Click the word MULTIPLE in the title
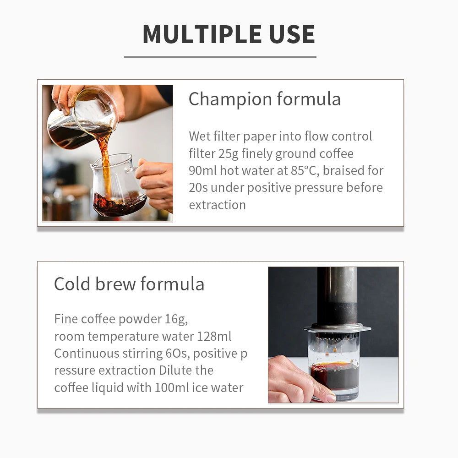[x=202, y=34]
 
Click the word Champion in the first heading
[x=230, y=99]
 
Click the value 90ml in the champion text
[x=202, y=170]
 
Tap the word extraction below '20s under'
[x=217, y=205]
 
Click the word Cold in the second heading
[x=72, y=284]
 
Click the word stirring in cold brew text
[x=142, y=354]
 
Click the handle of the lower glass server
[x=133, y=169]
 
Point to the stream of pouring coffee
[x=104, y=164]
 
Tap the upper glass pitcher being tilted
[x=82, y=120]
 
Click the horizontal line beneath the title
[x=220, y=57]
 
